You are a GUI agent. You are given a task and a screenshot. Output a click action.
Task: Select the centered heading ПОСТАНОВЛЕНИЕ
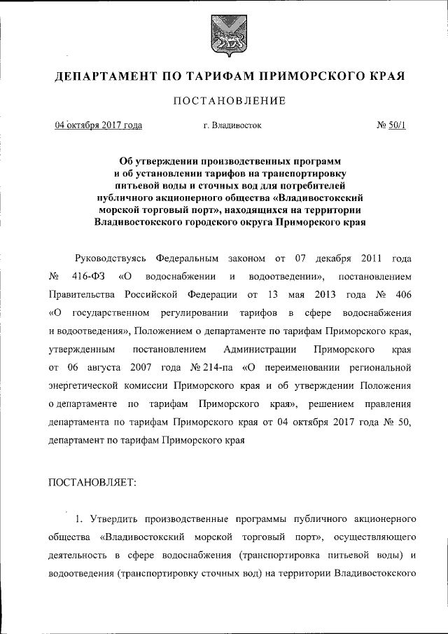224,102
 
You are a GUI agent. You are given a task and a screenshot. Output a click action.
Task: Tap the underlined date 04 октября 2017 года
99,125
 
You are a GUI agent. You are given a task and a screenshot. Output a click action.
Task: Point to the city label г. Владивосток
232,125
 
